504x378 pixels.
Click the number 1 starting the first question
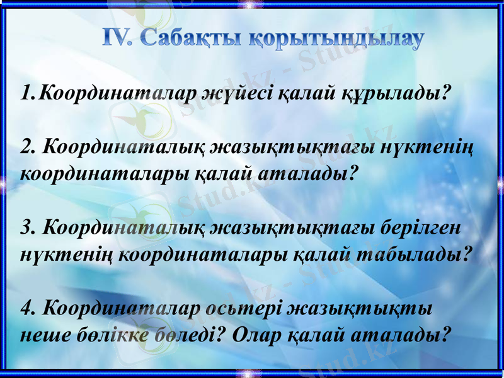tap(26, 94)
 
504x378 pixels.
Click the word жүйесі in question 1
tap(236, 94)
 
